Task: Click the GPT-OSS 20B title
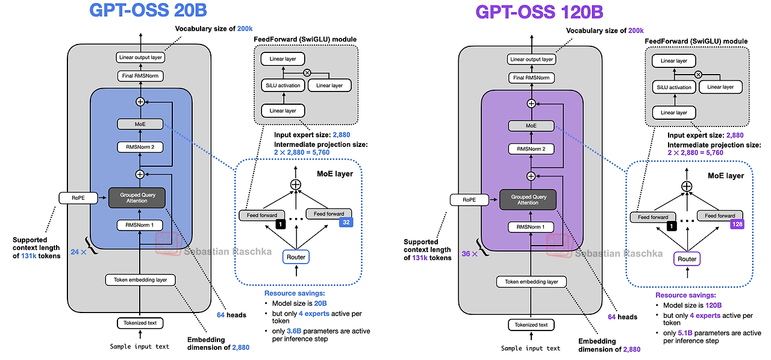[x=148, y=10]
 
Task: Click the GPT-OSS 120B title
[x=539, y=12]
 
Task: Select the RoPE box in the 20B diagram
[x=78, y=198]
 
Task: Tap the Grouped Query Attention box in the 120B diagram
[x=528, y=200]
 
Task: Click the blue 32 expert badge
[x=346, y=222]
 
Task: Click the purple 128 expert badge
[x=737, y=225]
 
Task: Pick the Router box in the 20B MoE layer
[x=296, y=257]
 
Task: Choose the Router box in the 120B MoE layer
[x=687, y=259]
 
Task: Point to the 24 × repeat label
[x=78, y=252]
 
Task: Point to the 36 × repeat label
[x=469, y=253]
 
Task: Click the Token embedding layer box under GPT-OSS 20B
[x=140, y=280]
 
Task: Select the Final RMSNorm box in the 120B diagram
[x=531, y=78]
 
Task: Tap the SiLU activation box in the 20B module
[x=283, y=85]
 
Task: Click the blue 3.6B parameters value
[x=294, y=331]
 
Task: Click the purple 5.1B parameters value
[x=685, y=333]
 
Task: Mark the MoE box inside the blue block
[x=140, y=124]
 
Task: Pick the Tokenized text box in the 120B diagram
[x=531, y=324]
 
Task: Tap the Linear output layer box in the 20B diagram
[x=140, y=57]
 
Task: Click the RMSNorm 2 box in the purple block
[x=531, y=149]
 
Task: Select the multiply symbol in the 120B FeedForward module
[x=698, y=74]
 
